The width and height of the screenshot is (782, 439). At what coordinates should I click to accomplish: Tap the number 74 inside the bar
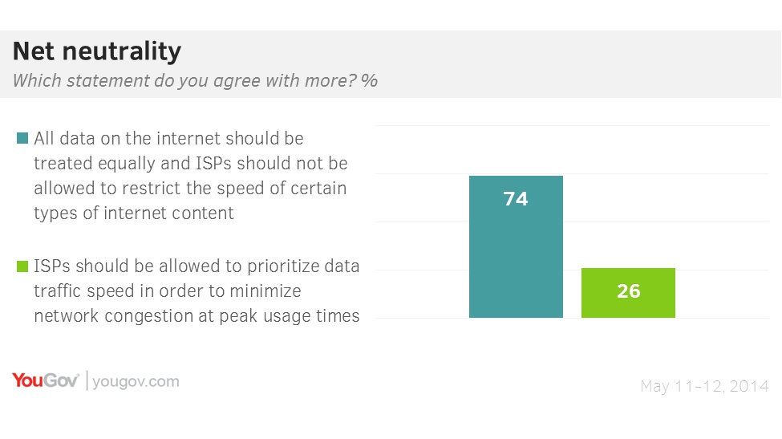(516, 199)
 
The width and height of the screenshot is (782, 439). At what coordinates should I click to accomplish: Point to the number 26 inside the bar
(628, 291)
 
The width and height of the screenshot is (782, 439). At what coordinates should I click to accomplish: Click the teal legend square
(22, 138)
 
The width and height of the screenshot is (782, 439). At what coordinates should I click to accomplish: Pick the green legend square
(22, 266)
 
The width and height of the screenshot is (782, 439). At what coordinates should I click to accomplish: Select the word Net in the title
(33, 52)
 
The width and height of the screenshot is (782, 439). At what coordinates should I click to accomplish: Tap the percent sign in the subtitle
(370, 81)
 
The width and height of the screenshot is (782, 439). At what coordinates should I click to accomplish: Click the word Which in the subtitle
(35, 81)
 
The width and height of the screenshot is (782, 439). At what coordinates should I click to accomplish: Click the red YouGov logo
(45, 380)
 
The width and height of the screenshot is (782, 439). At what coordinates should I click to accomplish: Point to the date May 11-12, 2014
(704, 387)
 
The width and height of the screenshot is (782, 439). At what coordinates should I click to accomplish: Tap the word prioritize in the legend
(279, 266)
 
